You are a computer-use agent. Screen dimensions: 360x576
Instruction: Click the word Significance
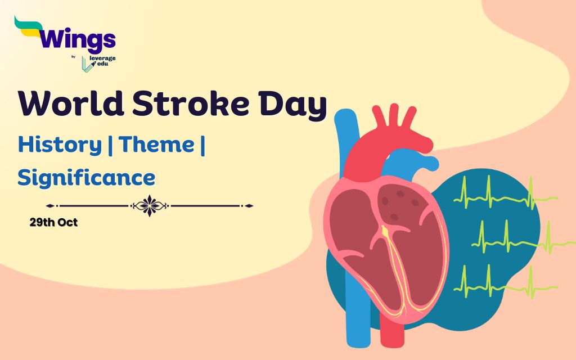pos(86,178)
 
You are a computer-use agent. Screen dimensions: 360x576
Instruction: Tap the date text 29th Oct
pos(53,222)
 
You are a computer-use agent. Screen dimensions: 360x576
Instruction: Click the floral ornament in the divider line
pos(150,206)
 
